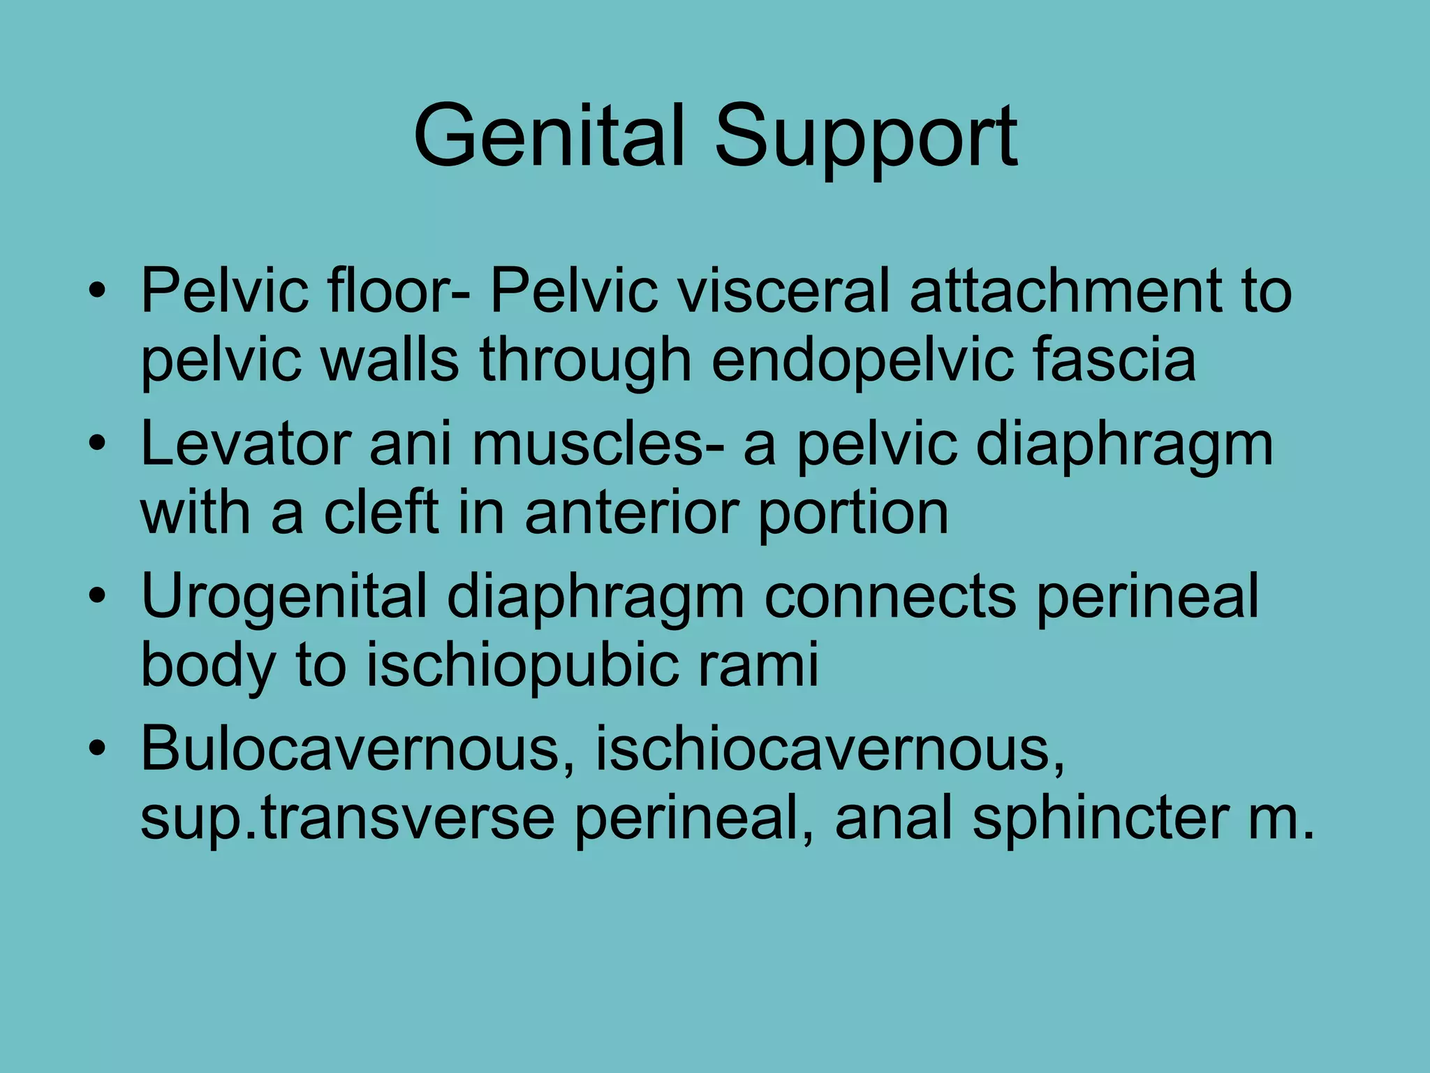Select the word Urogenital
click(283, 597)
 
